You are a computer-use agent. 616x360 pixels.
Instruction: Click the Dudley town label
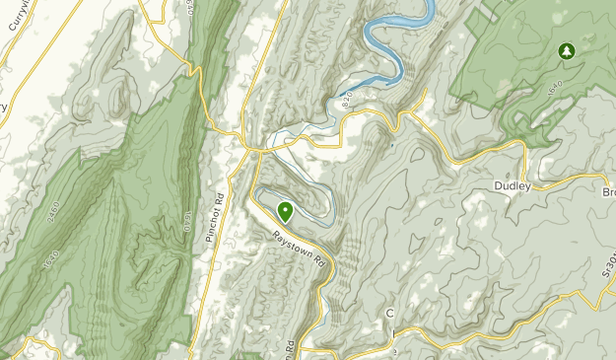coord(513,185)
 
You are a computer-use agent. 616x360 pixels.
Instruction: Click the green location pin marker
coord(286,210)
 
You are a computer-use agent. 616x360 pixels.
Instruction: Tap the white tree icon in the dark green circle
coord(566,50)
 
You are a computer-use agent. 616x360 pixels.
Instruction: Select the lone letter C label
coord(389,314)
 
